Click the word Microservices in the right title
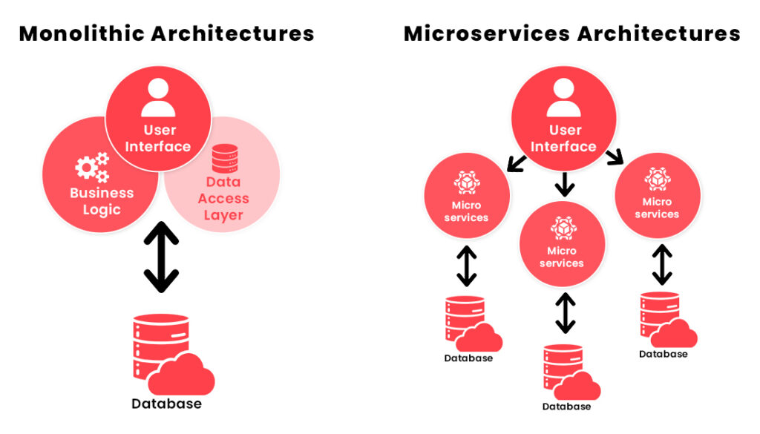487,33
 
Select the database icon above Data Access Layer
223,159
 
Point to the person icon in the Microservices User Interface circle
563,97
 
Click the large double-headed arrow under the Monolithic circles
161,257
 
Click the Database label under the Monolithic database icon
166,404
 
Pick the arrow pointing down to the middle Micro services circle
564,183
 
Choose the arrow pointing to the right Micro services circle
614,157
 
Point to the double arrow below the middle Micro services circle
565,312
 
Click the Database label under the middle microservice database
566,407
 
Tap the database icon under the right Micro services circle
665,319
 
